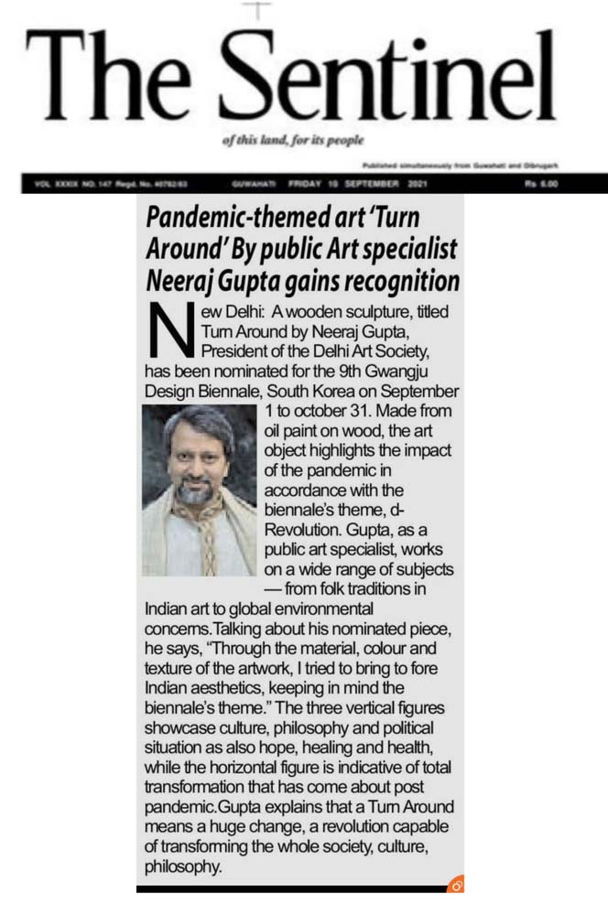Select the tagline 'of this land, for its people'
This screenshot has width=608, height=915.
pyautogui.click(x=293, y=141)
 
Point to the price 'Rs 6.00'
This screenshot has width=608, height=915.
pyautogui.click(x=542, y=184)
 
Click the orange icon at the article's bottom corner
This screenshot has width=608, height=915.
pyautogui.click(x=455, y=884)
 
